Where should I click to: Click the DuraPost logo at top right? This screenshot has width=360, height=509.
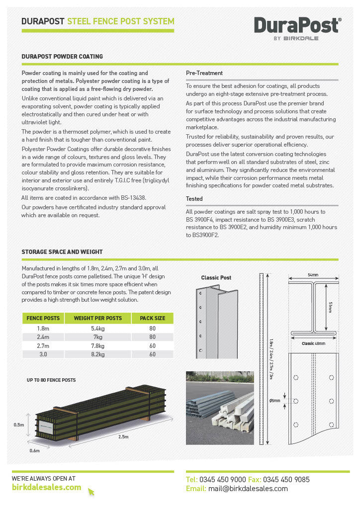click(297, 28)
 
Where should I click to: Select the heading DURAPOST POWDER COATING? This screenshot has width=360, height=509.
click(62, 57)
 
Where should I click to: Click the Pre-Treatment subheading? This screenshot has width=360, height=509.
click(204, 73)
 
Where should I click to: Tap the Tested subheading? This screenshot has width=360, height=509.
click(194, 198)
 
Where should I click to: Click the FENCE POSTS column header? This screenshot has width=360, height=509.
click(43, 318)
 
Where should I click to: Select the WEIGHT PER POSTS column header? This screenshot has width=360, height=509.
click(97, 318)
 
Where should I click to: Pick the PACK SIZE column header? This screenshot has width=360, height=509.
click(152, 318)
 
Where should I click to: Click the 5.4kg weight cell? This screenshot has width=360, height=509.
click(97, 329)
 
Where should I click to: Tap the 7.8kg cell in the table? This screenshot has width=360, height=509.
click(97, 345)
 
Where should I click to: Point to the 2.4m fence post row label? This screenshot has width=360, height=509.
click(43, 337)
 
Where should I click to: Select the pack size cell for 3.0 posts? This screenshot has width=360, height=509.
click(152, 354)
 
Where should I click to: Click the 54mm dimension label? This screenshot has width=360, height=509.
click(313, 275)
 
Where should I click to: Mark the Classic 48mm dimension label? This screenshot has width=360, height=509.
click(313, 343)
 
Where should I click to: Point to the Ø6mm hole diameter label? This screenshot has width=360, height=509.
click(274, 401)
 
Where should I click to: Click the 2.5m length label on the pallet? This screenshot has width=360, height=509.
click(123, 436)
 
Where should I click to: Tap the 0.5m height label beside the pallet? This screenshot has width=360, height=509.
click(19, 424)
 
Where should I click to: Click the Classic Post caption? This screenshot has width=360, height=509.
click(216, 278)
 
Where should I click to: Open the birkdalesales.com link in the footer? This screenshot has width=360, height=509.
click(46, 487)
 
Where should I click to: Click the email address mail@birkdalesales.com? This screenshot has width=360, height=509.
click(248, 489)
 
